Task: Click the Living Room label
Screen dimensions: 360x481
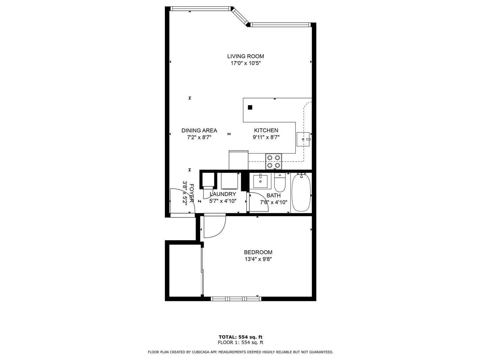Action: pos(245,56)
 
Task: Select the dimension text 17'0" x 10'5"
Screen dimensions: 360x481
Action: pos(245,63)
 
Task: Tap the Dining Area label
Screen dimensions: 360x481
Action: pos(199,131)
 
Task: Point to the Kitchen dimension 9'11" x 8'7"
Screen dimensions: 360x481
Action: pos(266,137)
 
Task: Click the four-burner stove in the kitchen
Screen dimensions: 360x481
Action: pos(274,161)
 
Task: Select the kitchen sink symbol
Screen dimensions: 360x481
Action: pos(303,139)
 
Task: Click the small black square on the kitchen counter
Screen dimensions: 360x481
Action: pos(250,107)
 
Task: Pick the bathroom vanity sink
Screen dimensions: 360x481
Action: pos(260,182)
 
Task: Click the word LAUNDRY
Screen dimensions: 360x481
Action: pos(223,194)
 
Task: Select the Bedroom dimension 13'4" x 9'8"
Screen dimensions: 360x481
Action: pos(258,259)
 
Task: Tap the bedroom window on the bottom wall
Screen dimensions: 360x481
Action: pos(236,299)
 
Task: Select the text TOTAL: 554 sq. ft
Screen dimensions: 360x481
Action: pos(240,337)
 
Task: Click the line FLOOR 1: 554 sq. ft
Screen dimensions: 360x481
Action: pos(240,342)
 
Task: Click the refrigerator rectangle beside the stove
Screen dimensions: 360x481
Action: pos(238,160)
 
